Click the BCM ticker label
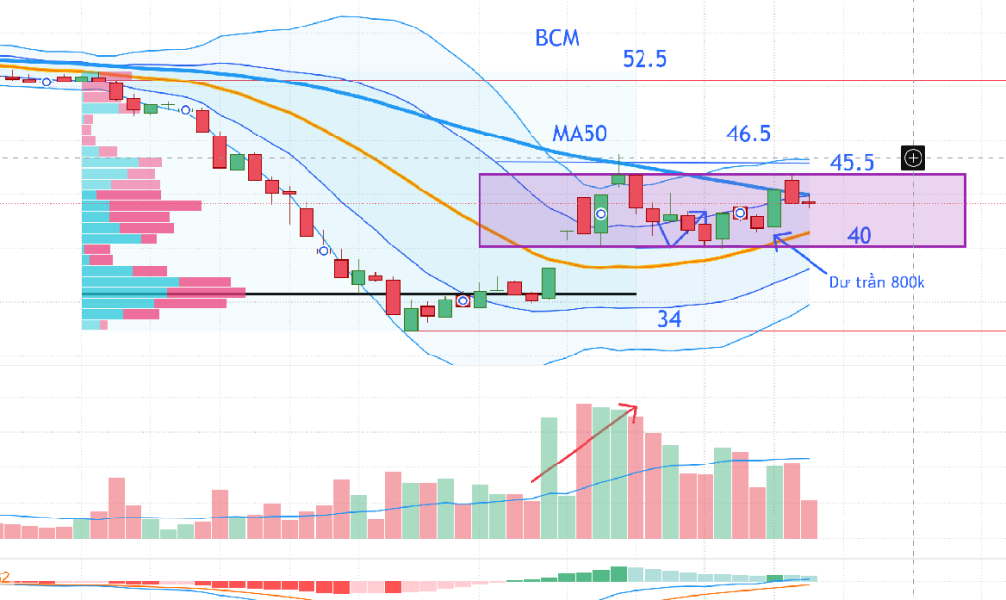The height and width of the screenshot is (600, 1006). (557, 38)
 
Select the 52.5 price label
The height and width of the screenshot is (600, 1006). (644, 59)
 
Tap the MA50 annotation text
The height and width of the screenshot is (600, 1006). (580, 134)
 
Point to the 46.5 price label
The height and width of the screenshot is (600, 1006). (749, 134)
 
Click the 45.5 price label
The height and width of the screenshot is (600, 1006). (852, 163)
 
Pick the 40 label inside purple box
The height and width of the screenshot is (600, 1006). (860, 236)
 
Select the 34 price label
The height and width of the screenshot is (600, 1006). (669, 318)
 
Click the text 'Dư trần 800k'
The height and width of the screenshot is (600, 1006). (877, 282)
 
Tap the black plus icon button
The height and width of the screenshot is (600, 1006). (913, 158)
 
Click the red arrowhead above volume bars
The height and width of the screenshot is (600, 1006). (630, 410)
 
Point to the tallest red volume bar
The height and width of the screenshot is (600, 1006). (584, 471)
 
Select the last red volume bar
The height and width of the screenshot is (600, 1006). (810, 519)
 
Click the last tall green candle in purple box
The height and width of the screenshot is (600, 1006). (774, 208)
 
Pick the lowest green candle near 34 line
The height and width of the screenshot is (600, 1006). (411, 319)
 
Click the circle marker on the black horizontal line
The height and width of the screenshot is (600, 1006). (463, 300)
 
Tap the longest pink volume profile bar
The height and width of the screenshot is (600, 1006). (206, 293)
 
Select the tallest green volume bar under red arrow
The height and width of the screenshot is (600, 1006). (549, 478)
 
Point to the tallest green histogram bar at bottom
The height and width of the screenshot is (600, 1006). (619, 573)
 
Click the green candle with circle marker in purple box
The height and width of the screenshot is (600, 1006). (601, 213)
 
